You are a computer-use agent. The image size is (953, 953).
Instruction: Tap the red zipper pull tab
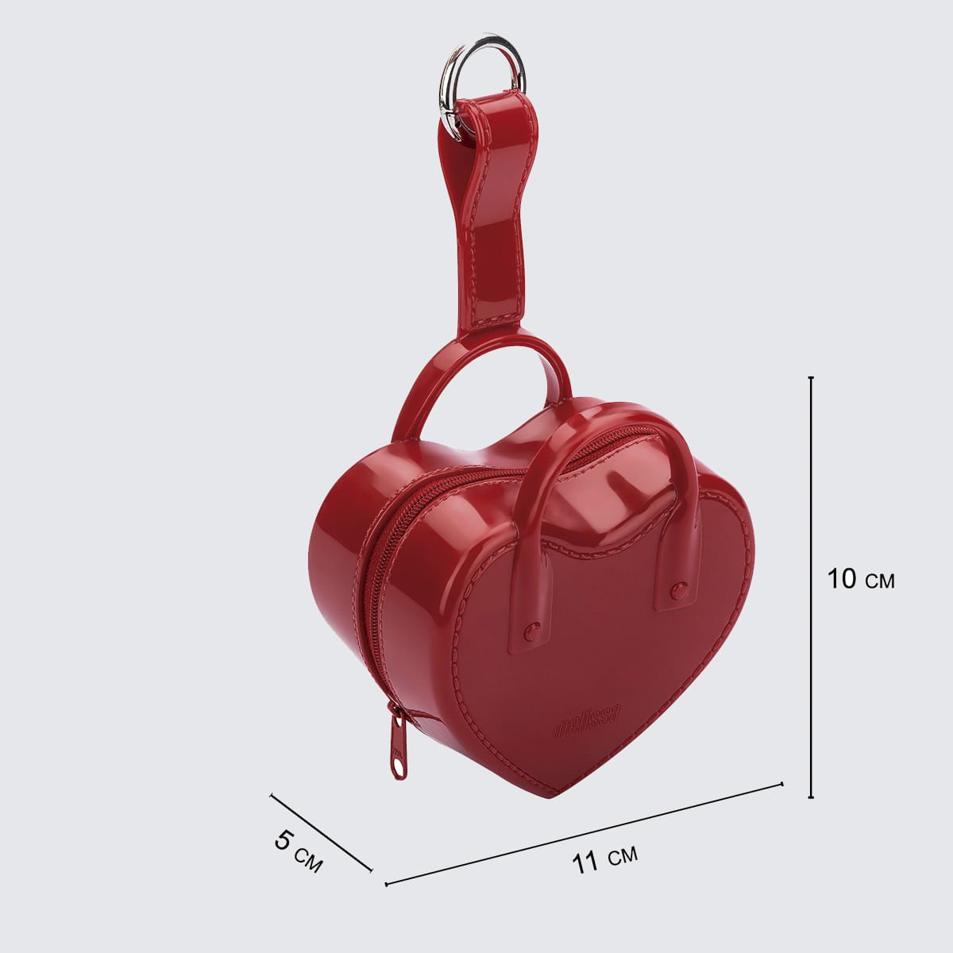pyautogui.click(x=397, y=748)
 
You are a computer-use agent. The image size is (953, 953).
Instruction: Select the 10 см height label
pyautogui.click(x=861, y=579)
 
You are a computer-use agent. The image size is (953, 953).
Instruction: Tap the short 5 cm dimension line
pyautogui.click(x=321, y=846)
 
